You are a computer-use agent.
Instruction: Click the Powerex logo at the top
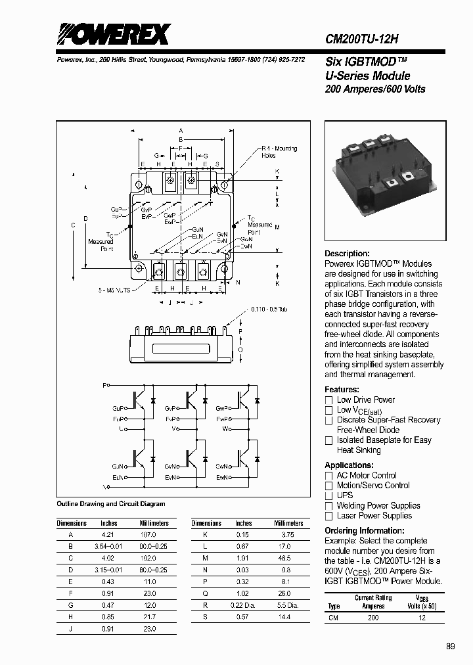click(114, 34)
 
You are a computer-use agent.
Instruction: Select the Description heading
click(347, 254)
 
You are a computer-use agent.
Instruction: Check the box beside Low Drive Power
click(329, 400)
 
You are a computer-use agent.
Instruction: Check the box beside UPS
click(329, 495)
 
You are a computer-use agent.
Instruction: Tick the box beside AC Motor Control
click(329, 476)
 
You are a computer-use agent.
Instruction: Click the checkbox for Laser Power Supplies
click(329, 516)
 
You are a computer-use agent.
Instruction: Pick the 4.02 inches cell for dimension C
click(108, 557)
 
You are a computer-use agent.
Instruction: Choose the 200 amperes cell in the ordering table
click(373, 618)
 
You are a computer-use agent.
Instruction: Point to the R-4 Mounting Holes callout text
click(279, 152)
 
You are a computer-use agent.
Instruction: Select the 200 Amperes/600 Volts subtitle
click(375, 89)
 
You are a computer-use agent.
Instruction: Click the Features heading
click(342, 390)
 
